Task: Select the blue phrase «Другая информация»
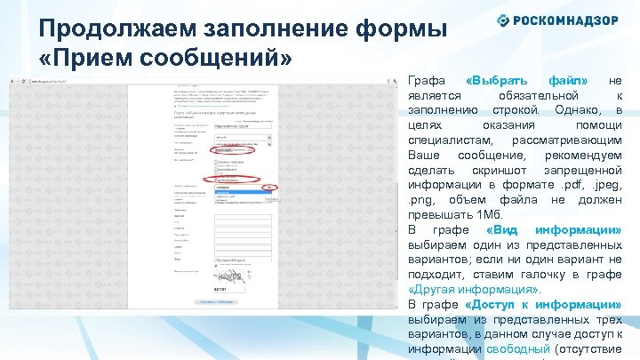(472, 289)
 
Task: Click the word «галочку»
(551, 274)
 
